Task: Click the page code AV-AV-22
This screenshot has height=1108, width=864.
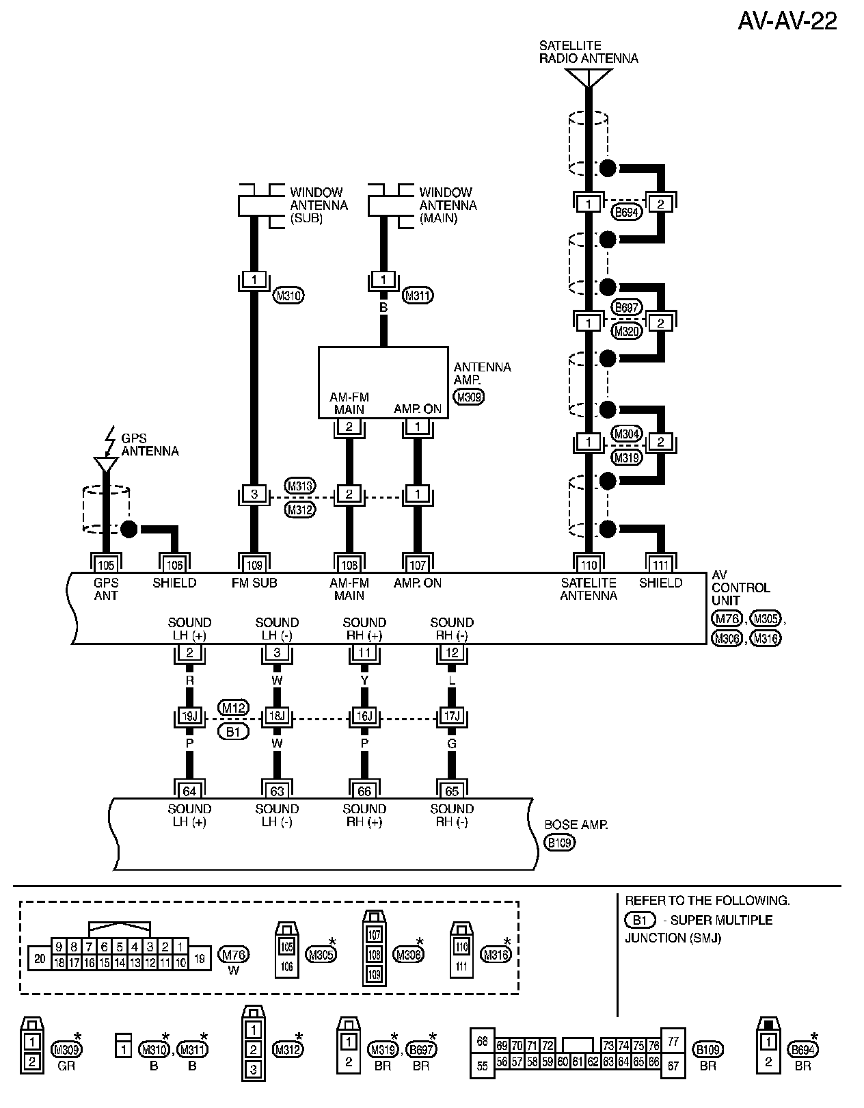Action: point(787,21)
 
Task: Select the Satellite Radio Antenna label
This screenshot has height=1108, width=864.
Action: point(588,52)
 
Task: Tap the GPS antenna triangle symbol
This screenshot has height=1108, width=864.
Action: point(106,464)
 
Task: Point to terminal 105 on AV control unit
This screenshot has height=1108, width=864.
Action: point(106,565)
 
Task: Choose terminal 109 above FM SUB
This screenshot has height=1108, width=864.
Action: point(254,565)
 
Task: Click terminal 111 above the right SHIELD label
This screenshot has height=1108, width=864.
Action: point(660,565)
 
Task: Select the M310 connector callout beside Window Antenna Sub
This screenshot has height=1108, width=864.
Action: point(288,295)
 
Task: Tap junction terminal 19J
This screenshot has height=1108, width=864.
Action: point(189,717)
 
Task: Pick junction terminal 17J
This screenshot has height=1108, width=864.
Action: point(452,717)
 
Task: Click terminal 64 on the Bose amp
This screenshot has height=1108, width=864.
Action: point(189,791)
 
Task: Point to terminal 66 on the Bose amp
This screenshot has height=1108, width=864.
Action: point(364,791)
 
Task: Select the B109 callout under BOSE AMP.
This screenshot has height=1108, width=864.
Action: point(559,843)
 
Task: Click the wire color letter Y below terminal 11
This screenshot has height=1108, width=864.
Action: point(364,681)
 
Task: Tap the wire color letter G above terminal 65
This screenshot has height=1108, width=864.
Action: point(452,743)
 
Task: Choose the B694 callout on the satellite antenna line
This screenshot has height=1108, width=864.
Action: point(626,212)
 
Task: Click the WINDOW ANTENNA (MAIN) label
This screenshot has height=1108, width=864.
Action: point(448,205)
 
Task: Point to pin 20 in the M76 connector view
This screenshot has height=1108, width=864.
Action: point(40,959)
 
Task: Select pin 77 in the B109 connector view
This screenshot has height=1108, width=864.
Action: point(673,1042)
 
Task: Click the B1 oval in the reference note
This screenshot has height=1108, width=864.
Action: point(640,920)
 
